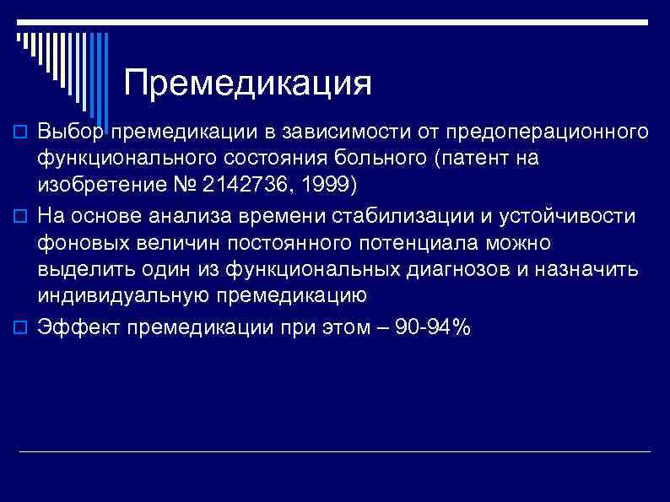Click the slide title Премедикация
[247, 84]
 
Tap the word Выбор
[71, 132]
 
